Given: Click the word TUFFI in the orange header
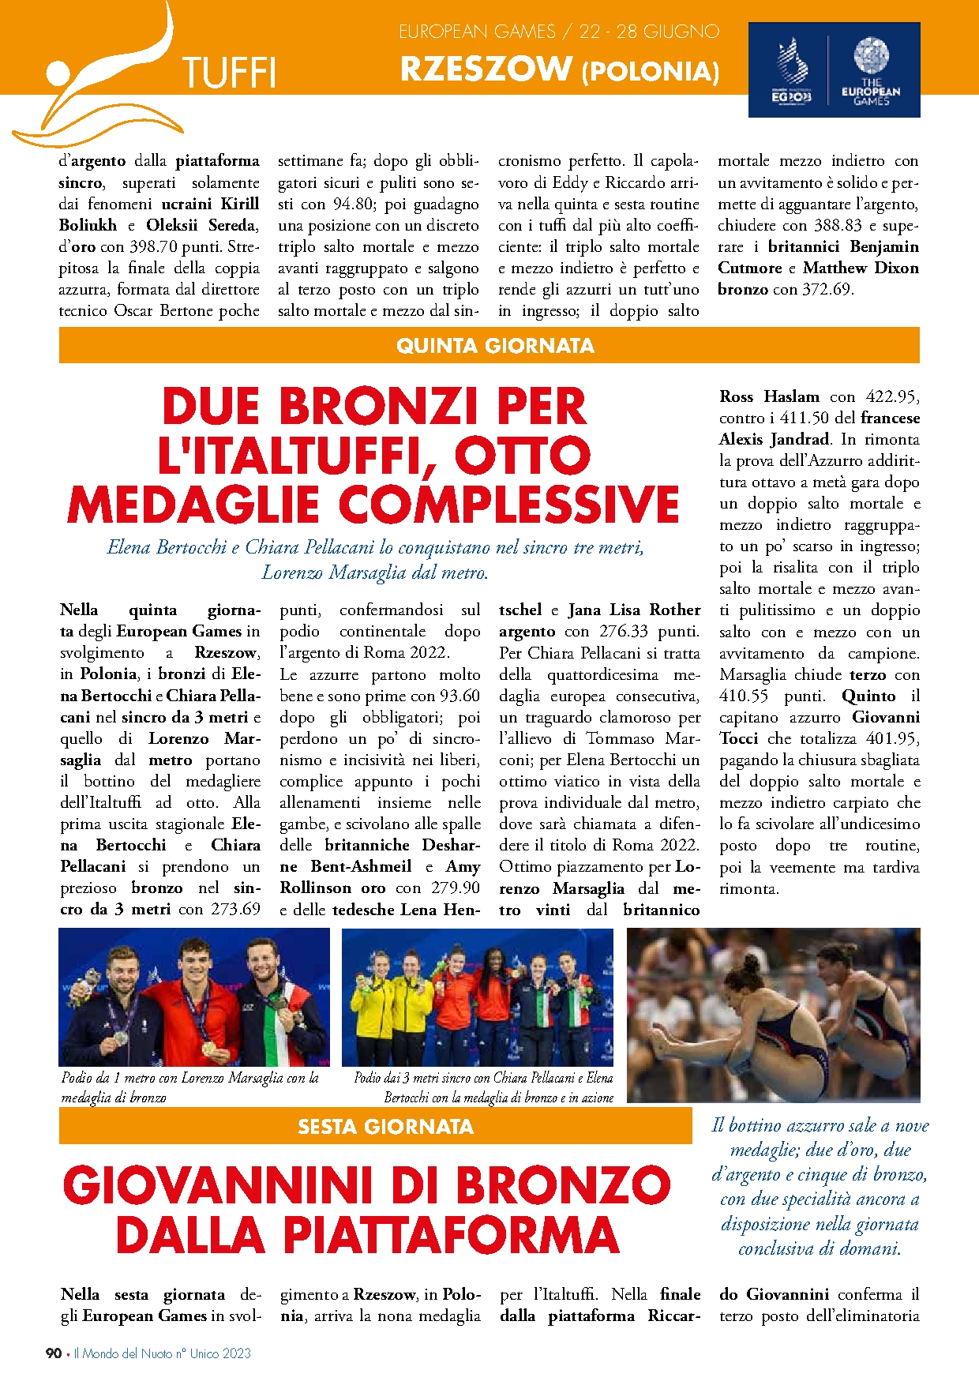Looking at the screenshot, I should [x=229, y=73].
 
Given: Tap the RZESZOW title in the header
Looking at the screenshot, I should [x=486, y=69].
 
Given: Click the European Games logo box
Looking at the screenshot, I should [x=834, y=70].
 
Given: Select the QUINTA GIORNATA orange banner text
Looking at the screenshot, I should [x=495, y=346].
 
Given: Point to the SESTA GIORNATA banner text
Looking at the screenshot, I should [x=385, y=1127].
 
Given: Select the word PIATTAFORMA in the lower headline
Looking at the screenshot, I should [x=451, y=1235].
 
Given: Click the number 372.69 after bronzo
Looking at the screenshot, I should [x=825, y=289].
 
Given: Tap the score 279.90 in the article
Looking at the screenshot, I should [x=455, y=888].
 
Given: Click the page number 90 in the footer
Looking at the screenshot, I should [x=54, y=1353].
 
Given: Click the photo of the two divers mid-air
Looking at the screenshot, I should [x=773, y=1015].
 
